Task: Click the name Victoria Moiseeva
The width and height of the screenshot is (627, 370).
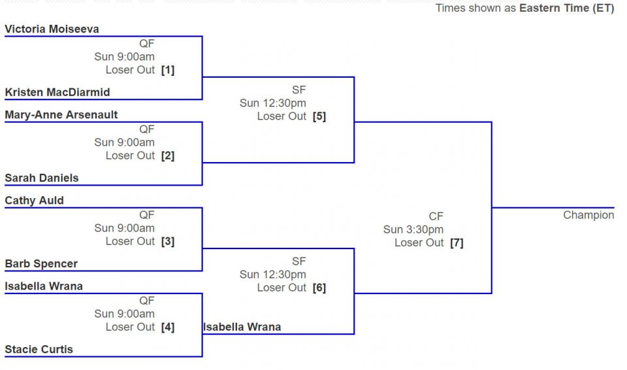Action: (52, 29)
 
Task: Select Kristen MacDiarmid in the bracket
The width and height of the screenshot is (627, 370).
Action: (57, 92)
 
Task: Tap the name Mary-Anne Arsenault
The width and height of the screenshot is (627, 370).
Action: (61, 115)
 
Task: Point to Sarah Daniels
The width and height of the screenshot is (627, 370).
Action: (42, 178)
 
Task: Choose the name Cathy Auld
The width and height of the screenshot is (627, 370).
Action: (35, 201)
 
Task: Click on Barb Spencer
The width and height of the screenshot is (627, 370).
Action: (41, 263)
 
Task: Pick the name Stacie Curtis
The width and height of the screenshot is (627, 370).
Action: (39, 349)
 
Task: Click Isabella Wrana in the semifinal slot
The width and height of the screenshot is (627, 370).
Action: (242, 327)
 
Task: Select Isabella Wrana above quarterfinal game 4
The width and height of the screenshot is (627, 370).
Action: (44, 286)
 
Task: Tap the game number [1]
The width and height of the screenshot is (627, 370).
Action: (168, 70)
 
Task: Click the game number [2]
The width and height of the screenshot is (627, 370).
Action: (168, 156)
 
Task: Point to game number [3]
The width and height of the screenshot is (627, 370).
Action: (168, 241)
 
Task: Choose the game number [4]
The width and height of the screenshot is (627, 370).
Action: (168, 327)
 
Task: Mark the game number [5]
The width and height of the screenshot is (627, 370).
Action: (319, 116)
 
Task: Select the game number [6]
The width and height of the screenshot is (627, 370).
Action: (319, 288)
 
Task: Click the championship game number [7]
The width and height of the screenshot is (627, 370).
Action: (457, 243)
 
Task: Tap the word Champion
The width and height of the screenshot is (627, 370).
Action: (588, 216)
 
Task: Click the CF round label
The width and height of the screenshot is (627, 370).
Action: (436, 216)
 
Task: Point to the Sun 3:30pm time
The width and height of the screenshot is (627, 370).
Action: (413, 230)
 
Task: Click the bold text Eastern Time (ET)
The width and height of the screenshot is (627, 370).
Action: (567, 8)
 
